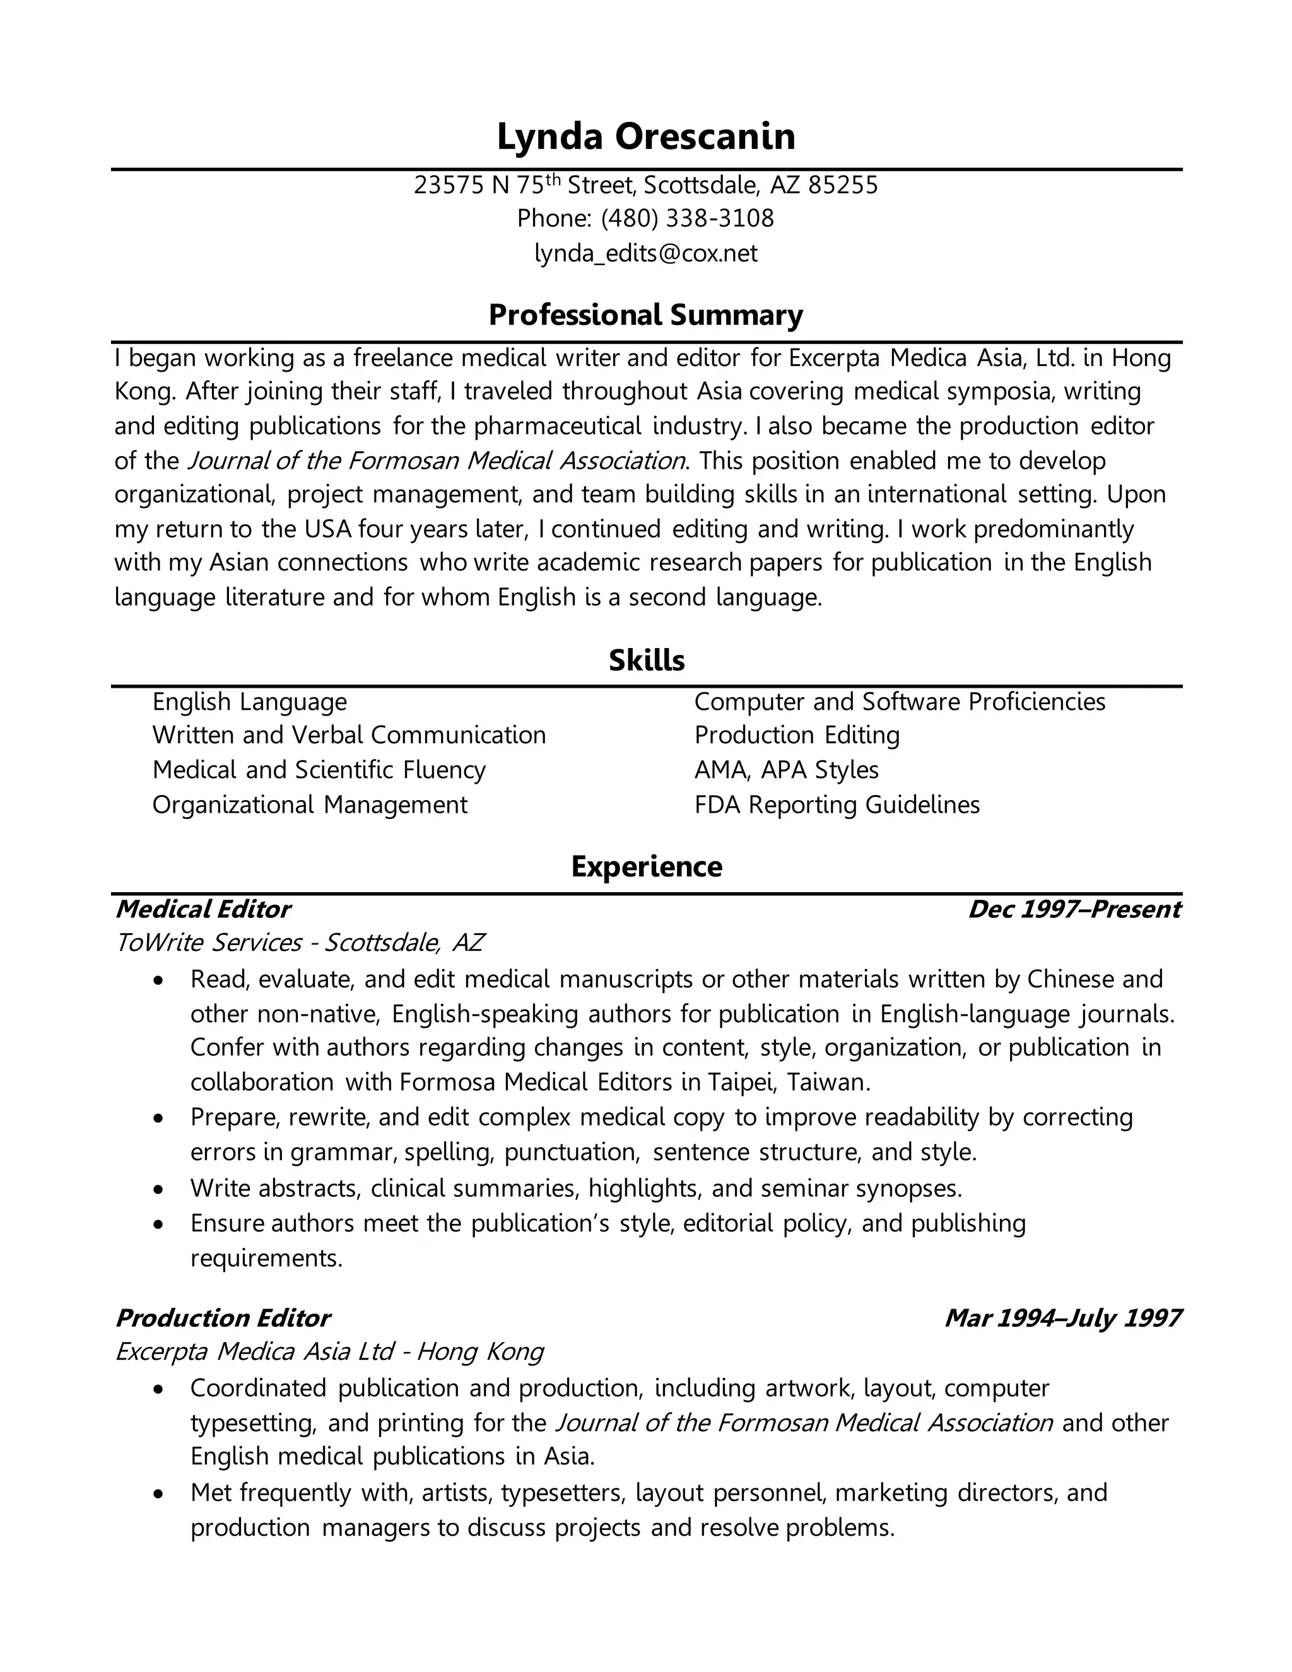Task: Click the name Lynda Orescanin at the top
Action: [x=646, y=137]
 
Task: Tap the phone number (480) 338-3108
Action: [x=688, y=219]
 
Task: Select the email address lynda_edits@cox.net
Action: [x=646, y=254]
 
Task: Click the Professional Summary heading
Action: [x=646, y=315]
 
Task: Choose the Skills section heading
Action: [x=646, y=661]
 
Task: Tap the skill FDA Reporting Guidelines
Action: [x=837, y=805]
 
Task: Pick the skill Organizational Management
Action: [x=309, y=805]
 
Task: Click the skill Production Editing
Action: [x=797, y=736]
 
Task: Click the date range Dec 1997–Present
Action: [x=1074, y=909]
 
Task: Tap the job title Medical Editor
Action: [x=203, y=909]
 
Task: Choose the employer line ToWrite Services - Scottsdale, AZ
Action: [x=299, y=943]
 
